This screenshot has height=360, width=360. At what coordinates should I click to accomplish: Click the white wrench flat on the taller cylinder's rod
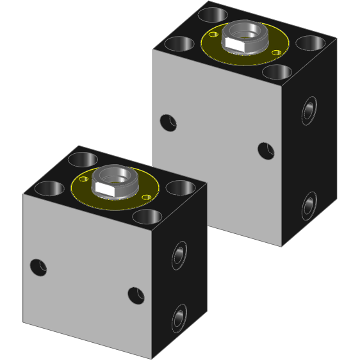235,43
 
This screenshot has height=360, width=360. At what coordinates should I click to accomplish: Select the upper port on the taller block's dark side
309,111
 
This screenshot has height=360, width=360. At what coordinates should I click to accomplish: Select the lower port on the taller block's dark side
309,206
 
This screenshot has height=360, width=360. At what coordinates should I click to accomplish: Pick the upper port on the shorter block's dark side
179,256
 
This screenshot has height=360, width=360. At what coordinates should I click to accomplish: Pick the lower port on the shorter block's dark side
179,318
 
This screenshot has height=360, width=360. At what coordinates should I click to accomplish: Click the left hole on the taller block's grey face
168,123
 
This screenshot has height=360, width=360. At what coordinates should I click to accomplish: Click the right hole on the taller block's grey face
266,151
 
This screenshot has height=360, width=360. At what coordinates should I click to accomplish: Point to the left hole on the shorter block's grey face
38,267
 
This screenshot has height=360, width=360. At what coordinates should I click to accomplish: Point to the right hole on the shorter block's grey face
136,295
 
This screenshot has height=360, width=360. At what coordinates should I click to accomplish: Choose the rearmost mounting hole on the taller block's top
213,15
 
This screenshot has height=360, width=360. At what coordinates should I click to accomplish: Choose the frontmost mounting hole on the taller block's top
277,72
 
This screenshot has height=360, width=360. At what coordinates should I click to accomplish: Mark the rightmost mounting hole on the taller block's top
310,43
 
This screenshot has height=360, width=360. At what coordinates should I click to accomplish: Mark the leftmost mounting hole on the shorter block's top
49,188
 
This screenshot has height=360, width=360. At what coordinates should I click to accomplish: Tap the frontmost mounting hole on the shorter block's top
147,217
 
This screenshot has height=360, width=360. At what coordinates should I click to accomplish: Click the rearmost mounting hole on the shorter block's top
83,159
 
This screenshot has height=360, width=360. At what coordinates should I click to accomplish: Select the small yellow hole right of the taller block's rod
276,52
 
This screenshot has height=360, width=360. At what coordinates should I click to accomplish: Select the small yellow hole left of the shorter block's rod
83,179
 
